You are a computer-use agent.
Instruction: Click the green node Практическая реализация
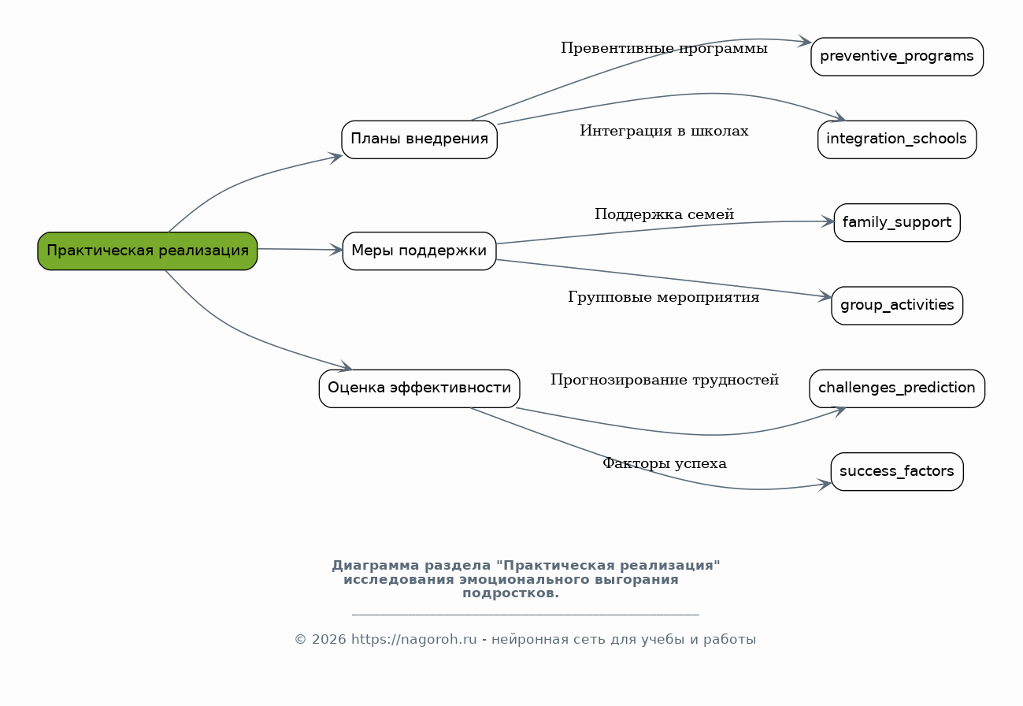point(147,251)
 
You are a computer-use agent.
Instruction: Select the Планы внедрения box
point(419,139)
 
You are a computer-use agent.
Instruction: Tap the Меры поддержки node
point(419,251)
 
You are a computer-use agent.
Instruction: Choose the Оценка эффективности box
point(419,388)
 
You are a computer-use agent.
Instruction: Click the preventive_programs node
point(897,57)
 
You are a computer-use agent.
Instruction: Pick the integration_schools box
point(897,139)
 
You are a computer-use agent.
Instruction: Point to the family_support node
point(897,222)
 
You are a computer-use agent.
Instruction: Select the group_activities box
point(897,306)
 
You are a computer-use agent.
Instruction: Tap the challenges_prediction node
point(897,388)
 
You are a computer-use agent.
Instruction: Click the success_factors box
point(897,471)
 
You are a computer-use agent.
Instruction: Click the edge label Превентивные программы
point(664,49)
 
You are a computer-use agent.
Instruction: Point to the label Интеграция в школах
point(664,132)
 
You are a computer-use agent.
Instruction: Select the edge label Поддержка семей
point(664,214)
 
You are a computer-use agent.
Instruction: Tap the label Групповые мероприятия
point(664,298)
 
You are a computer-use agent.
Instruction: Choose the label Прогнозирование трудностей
point(664,381)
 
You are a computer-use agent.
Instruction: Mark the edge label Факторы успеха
point(664,464)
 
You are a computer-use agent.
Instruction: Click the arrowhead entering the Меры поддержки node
point(336,250)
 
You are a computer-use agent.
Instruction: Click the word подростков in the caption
point(510,594)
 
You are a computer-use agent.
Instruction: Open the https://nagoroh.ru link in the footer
point(413,640)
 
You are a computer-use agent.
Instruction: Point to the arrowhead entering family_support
point(828,221)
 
